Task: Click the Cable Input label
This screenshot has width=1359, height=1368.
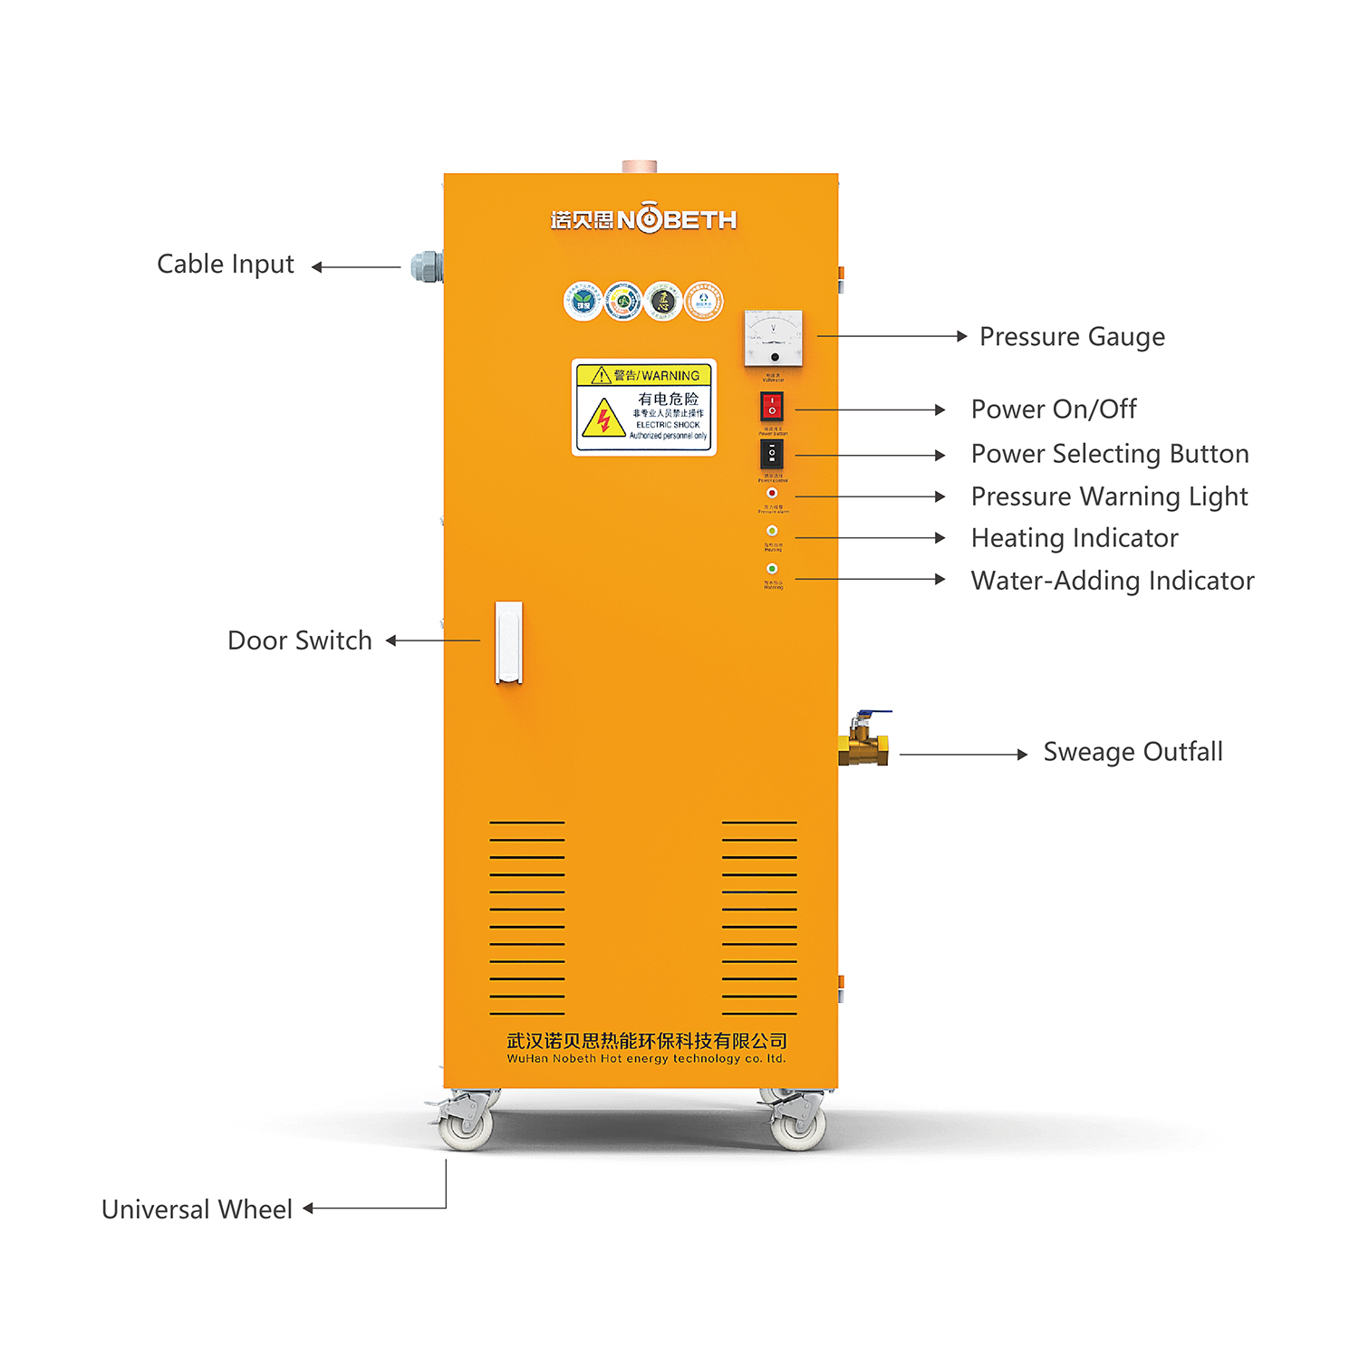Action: (x=226, y=265)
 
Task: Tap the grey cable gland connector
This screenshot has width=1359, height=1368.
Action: (x=427, y=266)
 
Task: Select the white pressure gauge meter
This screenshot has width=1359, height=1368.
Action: (x=773, y=338)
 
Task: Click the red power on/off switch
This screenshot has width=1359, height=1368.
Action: (x=771, y=406)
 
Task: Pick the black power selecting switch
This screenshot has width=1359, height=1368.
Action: (x=771, y=453)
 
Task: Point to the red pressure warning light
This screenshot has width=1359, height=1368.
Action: (x=772, y=493)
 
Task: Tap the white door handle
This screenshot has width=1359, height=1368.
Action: (x=508, y=641)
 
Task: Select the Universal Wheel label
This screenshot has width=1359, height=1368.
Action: (x=197, y=1209)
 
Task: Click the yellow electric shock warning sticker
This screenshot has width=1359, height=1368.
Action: (x=644, y=407)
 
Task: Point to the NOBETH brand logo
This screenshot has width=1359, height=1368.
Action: (x=643, y=219)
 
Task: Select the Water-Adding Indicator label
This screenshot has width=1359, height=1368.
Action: (x=1113, y=581)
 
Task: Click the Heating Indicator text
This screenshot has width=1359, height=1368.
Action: (x=1075, y=538)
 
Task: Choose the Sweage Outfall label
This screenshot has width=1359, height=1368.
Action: (x=1132, y=752)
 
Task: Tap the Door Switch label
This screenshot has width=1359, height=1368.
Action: (x=300, y=641)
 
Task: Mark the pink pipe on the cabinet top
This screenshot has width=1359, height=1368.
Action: (x=640, y=167)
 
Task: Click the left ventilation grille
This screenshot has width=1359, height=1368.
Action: (x=527, y=917)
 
